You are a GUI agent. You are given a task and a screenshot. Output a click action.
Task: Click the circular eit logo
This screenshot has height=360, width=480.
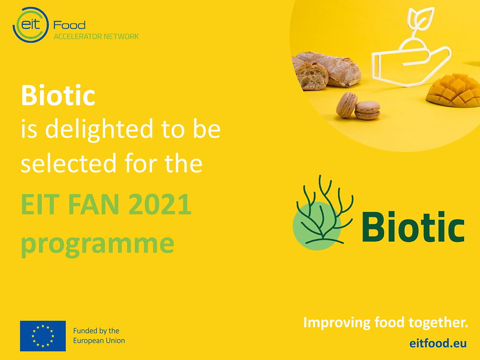coord(31,25)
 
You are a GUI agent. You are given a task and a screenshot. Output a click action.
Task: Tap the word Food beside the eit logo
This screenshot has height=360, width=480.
coord(70,25)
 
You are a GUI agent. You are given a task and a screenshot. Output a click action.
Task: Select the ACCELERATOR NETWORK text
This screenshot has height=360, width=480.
coord(96,36)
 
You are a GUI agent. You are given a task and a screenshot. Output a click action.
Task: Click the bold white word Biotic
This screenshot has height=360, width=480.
coord(58,95)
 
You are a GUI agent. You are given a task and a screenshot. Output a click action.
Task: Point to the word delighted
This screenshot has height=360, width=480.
coord(99,129)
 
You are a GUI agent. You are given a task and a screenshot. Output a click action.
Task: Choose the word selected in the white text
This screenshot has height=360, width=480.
coord(69,163)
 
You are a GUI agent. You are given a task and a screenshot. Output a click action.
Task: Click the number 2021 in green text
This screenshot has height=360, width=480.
coord(160,204)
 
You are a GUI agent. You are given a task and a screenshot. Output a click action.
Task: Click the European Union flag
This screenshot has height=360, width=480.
coord(43,336)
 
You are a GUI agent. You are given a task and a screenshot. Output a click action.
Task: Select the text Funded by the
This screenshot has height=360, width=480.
coord(96,331)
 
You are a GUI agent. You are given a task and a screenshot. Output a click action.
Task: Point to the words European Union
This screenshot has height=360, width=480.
coord(99,341)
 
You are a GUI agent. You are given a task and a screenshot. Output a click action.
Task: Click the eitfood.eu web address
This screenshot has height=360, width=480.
coord(438,343)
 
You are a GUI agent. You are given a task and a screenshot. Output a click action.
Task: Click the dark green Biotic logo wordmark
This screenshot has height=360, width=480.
coord(413,226)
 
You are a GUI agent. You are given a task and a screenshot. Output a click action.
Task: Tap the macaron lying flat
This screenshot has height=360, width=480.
coord(367,110)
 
